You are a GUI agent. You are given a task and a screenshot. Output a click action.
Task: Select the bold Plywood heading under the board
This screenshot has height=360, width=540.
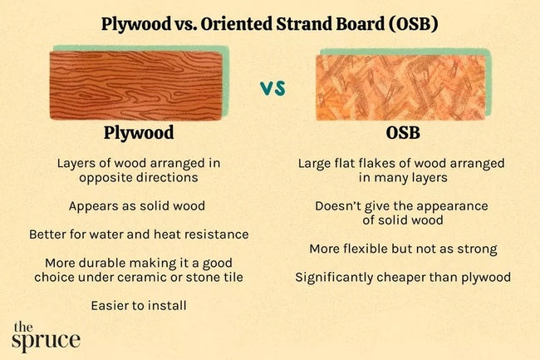(139, 133)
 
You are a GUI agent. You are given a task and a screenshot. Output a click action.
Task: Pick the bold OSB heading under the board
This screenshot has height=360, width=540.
(403, 133)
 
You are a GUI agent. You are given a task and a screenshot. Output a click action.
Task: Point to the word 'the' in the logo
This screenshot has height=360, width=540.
(24, 326)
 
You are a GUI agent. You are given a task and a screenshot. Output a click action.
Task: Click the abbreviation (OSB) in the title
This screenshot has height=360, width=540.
(411, 23)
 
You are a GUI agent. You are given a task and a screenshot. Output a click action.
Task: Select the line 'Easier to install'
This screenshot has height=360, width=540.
(139, 306)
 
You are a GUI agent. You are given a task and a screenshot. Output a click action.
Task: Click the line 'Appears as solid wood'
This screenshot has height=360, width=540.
(139, 205)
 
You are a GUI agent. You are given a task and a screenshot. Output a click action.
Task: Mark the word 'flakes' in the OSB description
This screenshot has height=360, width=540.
(380, 163)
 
